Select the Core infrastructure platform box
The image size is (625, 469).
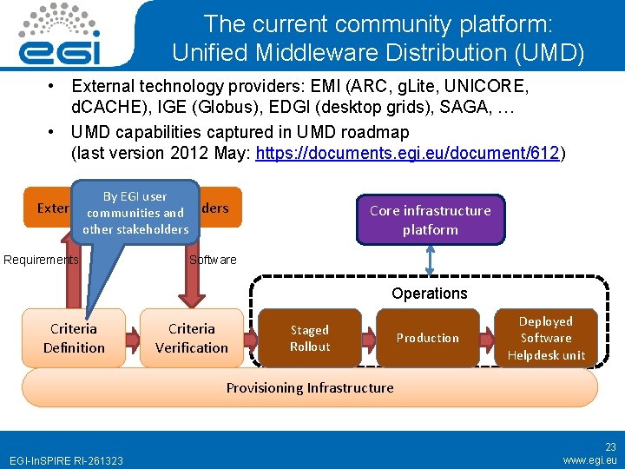(x=430, y=220)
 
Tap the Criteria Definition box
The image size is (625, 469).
(x=74, y=338)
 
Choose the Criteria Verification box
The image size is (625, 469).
(x=192, y=338)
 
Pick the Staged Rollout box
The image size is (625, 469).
(x=310, y=338)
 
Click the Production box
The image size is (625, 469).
(x=427, y=338)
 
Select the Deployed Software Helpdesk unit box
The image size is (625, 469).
(x=546, y=338)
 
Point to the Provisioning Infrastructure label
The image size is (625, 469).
(x=310, y=387)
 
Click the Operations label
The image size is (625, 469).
(x=429, y=294)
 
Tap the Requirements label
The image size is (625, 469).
(x=41, y=260)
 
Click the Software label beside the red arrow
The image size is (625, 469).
(x=213, y=260)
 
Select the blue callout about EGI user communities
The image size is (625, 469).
(x=135, y=213)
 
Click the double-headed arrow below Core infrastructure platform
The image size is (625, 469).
(x=430, y=261)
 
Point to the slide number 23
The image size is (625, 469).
(x=609, y=446)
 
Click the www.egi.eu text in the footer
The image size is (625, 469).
(x=589, y=459)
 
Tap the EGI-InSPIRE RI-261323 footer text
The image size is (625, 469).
(x=66, y=459)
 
